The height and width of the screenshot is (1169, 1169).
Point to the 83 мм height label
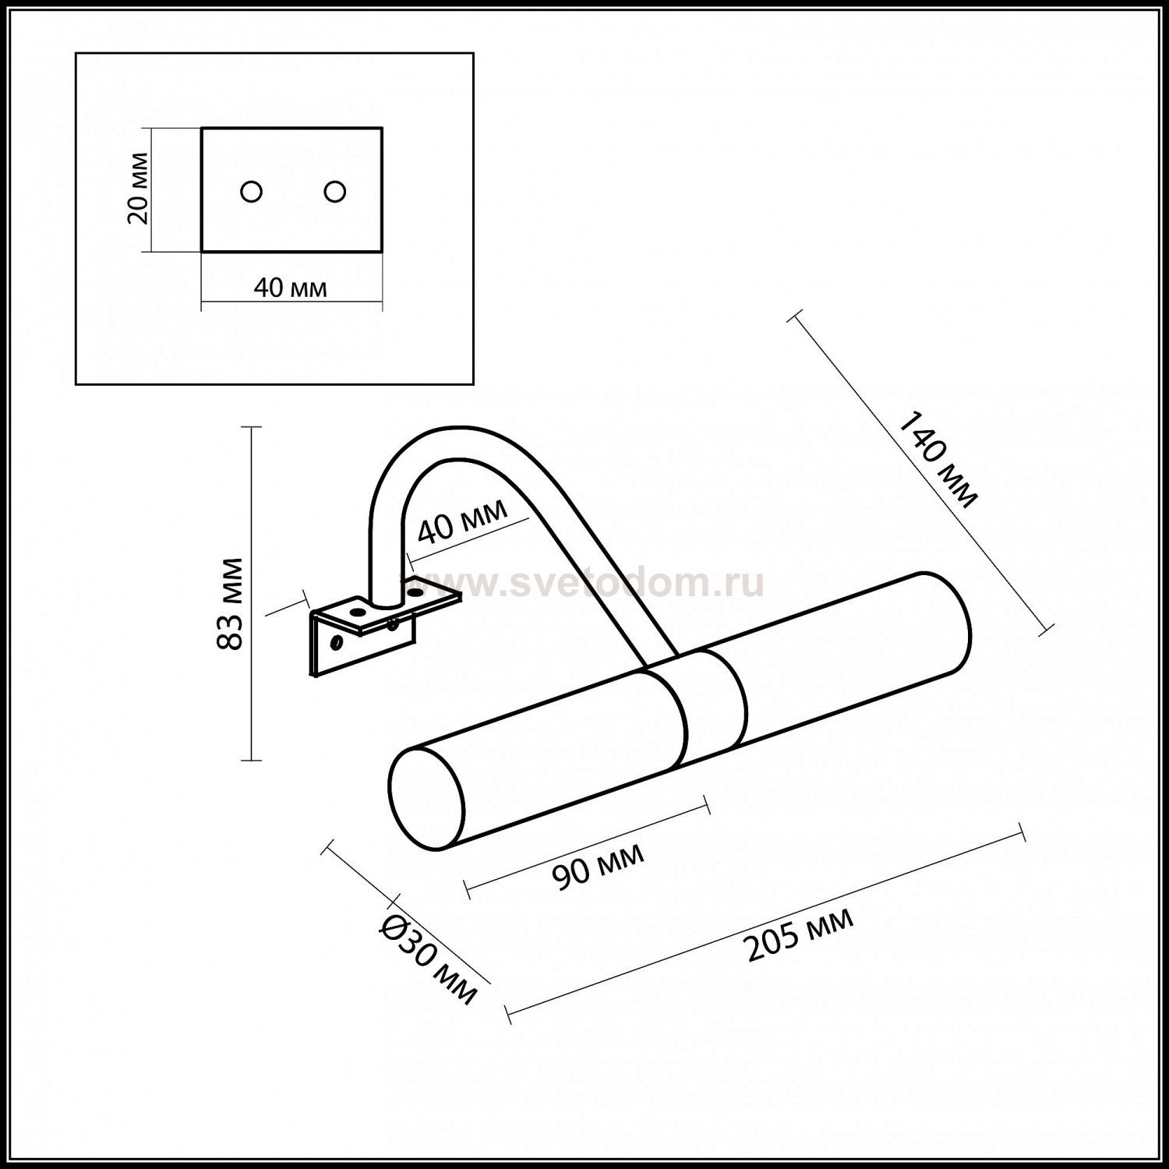(x=229, y=604)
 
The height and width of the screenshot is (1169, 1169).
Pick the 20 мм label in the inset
(x=138, y=189)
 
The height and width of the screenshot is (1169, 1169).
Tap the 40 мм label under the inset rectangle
(x=291, y=288)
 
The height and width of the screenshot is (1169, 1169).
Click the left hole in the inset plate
(x=251, y=191)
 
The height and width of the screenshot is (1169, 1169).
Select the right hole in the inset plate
(x=335, y=191)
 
